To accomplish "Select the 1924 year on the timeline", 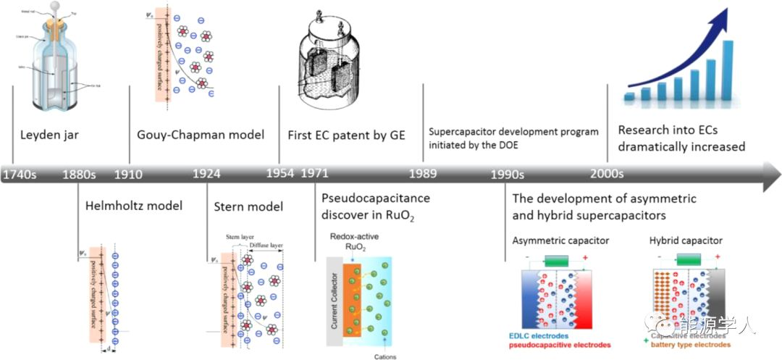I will [207, 175].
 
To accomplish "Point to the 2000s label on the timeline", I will [606, 175].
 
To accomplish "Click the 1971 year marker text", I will [315, 175].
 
